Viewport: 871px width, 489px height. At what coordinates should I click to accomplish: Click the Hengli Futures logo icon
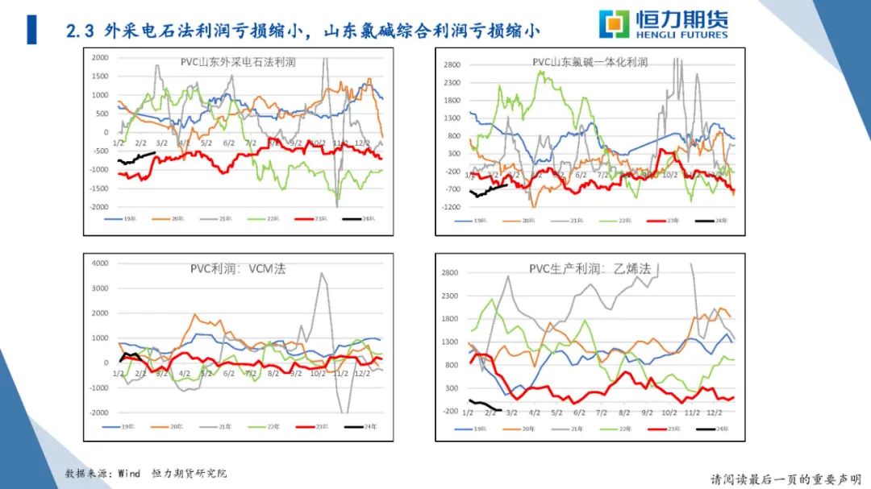(616, 24)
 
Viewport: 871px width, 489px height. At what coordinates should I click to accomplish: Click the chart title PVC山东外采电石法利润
(240, 61)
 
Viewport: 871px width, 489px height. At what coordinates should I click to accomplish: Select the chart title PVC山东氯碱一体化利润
(590, 62)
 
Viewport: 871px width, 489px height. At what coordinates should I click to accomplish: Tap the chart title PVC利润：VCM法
(238, 269)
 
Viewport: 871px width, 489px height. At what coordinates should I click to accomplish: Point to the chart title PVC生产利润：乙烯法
(590, 269)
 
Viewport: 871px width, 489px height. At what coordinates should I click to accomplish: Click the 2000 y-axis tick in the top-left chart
(100, 58)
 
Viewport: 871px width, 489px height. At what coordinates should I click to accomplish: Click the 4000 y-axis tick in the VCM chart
(99, 263)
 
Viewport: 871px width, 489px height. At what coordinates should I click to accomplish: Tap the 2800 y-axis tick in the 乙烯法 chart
(450, 273)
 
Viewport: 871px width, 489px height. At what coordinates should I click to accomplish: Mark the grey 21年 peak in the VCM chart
(323, 274)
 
